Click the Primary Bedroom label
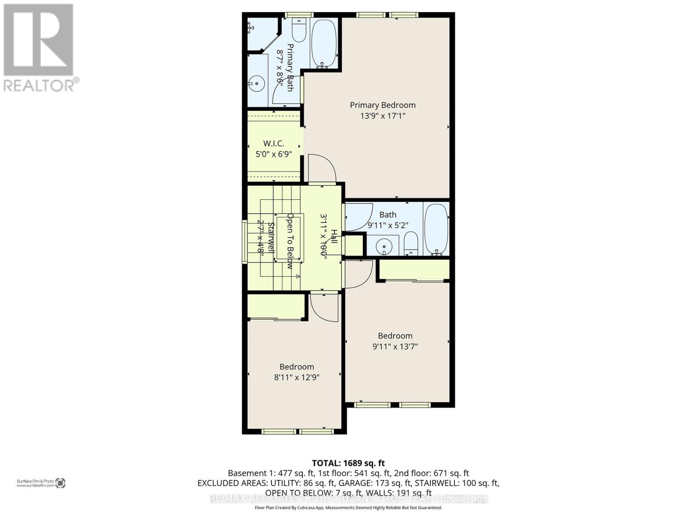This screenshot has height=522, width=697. point(382,105)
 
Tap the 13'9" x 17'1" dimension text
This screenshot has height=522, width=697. point(382,116)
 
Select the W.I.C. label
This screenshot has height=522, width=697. point(274,143)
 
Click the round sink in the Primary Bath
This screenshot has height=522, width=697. point(257,82)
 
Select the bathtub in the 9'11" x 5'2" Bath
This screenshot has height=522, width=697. point(436,229)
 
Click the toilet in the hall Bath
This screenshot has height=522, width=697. point(411,244)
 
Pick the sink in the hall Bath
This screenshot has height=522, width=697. point(384,246)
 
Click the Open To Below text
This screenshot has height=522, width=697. point(290,241)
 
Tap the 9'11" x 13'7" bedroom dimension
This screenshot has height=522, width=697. point(395,347)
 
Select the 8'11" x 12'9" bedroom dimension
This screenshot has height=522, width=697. point(297,378)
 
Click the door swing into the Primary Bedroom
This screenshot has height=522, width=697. point(321,168)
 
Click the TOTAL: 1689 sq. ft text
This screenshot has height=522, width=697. point(348,463)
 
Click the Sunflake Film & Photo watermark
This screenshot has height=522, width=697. point(41,483)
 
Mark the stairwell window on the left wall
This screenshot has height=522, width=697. point(244,241)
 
